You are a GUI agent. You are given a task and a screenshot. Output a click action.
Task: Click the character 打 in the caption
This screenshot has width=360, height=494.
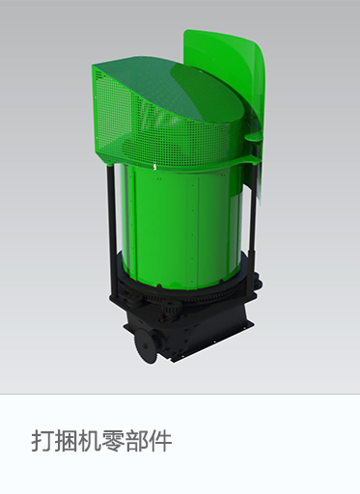point(42,441)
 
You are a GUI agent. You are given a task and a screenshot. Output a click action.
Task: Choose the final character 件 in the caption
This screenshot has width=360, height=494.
point(160,441)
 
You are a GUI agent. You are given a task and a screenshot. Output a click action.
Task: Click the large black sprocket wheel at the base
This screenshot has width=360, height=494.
point(147,346)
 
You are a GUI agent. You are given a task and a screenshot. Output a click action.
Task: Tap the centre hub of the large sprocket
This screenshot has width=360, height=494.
point(145,346)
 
